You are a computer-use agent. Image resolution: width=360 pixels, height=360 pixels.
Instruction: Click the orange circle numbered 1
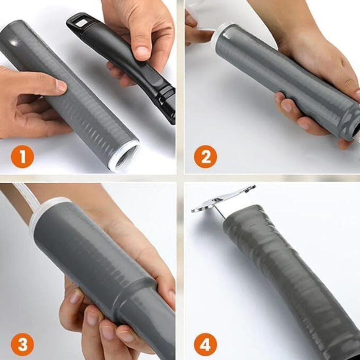pos(22,157)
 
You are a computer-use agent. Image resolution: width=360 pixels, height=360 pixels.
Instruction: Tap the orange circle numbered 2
pos(205,157)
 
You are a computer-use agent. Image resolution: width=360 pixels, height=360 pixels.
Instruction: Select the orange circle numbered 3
pos(22,345)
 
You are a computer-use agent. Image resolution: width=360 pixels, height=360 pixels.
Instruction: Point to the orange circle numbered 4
pos(205,345)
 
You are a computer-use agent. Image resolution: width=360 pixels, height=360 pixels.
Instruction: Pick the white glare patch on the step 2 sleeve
pos(227,35)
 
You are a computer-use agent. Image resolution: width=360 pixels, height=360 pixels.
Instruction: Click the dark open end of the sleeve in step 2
pos(356,130)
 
